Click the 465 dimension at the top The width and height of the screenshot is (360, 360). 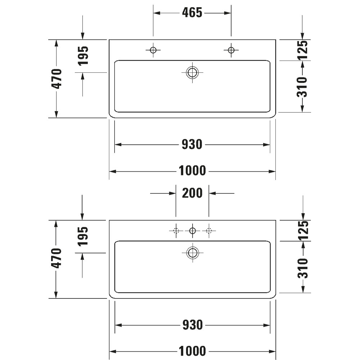[x=192, y=13]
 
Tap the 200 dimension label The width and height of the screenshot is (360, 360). [x=192, y=193]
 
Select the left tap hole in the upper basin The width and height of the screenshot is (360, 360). [x=153, y=50]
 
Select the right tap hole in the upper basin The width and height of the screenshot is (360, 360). [x=231, y=50]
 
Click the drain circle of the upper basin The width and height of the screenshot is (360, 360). [x=192, y=72]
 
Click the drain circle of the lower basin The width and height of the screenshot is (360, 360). [x=193, y=253]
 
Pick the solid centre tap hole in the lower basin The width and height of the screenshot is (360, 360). [x=192, y=230]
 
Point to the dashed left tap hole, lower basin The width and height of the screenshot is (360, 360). [x=176, y=230]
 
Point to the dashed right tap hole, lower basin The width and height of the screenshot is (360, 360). [x=209, y=230]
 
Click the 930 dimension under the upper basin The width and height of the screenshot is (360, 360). [x=192, y=144]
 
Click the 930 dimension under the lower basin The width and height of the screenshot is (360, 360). [x=193, y=325]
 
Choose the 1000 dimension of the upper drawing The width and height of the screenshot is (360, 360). [x=192, y=171]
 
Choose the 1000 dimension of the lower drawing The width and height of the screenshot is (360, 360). [x=192, y=351]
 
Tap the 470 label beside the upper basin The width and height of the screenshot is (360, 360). [x=57, y=79]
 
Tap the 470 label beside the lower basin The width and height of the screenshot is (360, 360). [x=57, y=258]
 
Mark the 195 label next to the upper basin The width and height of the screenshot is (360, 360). [x=83, y=56]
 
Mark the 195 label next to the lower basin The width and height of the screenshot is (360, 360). [x=83, y=236]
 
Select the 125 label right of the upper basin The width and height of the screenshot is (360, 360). [x=302, y=50]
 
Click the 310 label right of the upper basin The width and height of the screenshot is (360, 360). [x=302, y=87]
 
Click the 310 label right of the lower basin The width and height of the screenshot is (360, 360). [x=303, y=268]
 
